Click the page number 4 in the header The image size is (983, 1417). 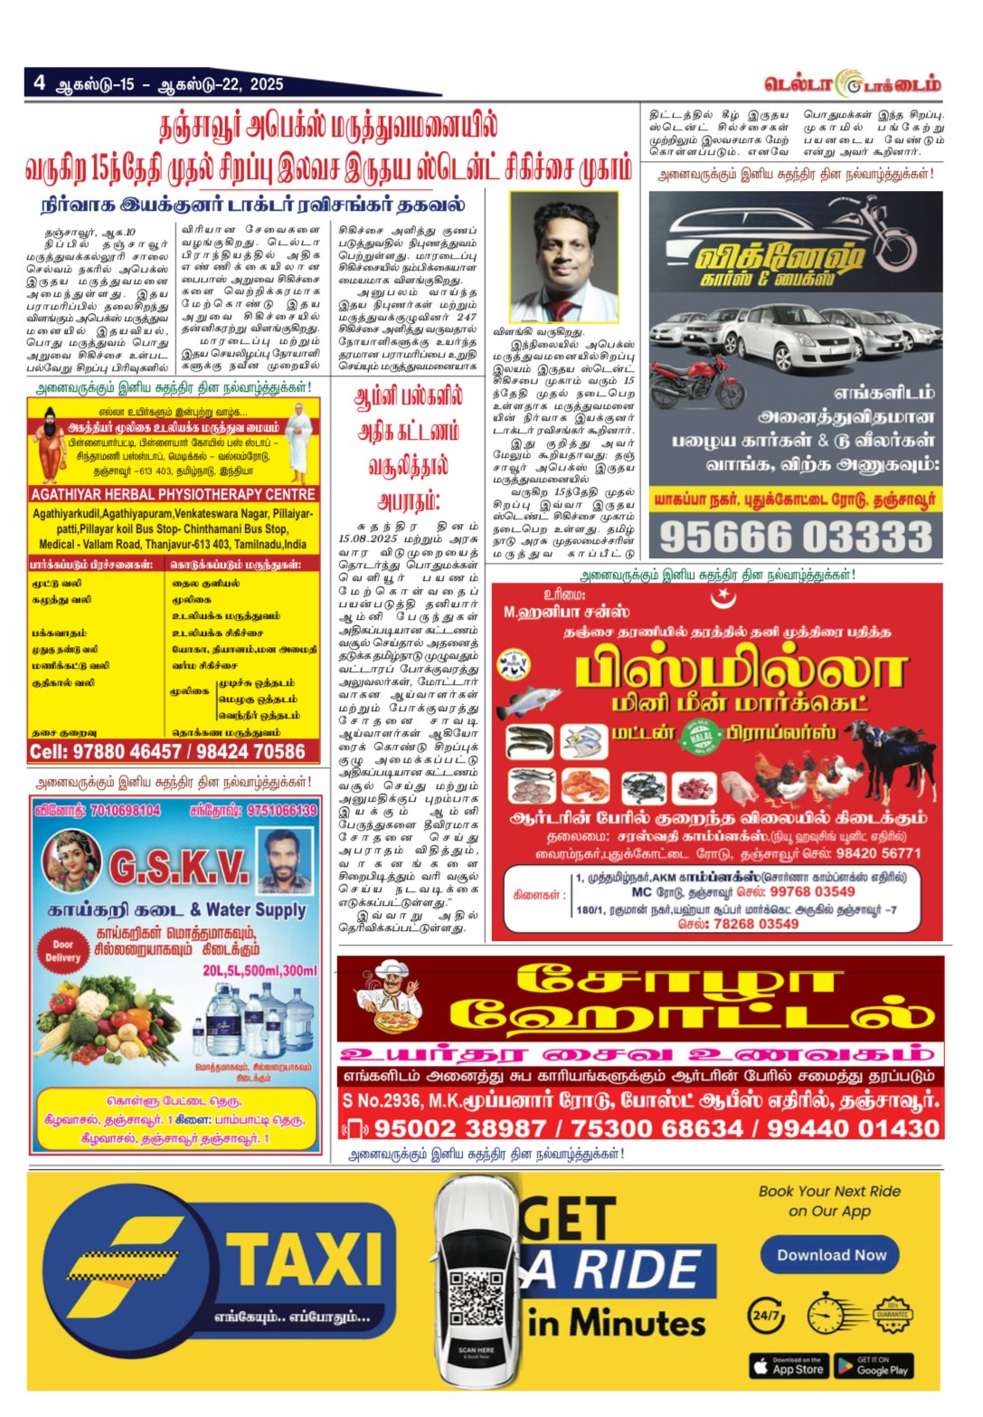click(x=40, y=83)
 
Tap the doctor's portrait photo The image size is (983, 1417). click(x=564, y=257)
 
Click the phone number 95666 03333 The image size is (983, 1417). click(x=796, y=537)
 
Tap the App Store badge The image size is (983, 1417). click(x=788, y=1365)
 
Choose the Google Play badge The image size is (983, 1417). click(x=873, y=1365)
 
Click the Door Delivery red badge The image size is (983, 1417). click(x=62, y=949)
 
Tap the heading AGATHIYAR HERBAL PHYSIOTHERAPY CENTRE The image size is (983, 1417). click(x=173, y=494)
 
